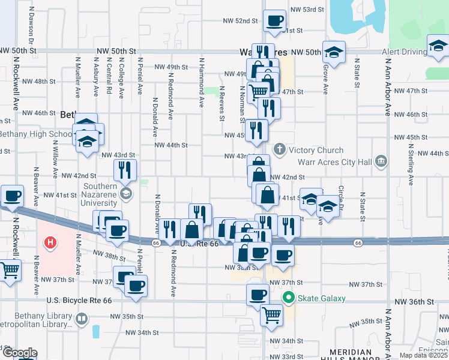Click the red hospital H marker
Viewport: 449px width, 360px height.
[51, 242]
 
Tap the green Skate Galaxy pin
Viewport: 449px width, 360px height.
[289, 297]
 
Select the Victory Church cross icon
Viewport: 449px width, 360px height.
[279, 149]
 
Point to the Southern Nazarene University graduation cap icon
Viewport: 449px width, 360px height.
[125, 193]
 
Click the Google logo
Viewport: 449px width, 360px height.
[19, 353]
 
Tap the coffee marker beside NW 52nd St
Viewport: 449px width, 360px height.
[275, 20]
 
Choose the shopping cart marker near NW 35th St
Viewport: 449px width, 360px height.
[271, 313]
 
